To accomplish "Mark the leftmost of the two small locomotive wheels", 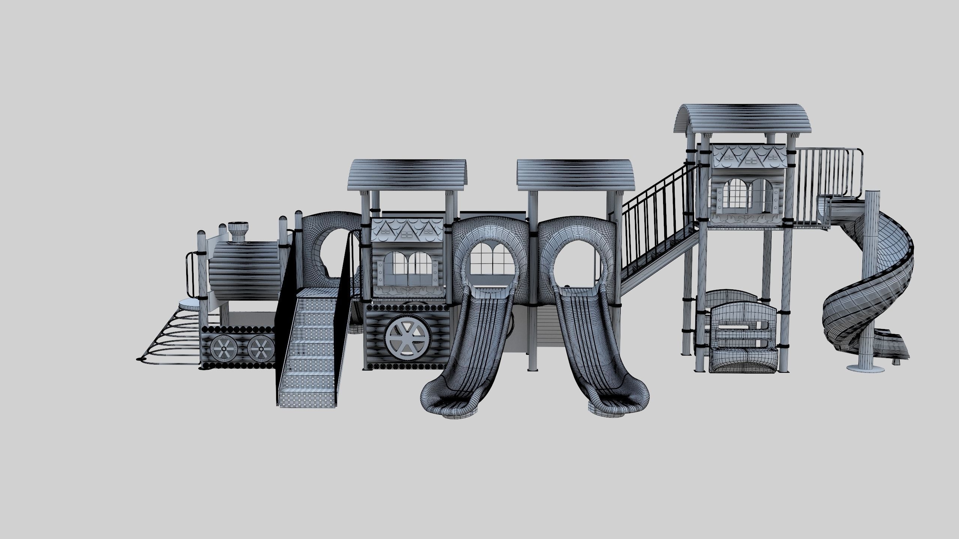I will [223, 348].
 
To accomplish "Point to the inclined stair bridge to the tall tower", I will [659, 232].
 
